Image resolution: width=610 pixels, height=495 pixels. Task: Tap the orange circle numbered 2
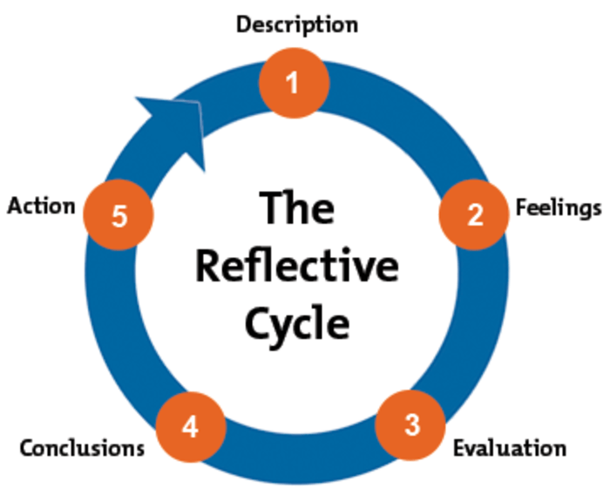click(473, 214)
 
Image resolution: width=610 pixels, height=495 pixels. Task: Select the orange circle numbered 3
click(411, 424)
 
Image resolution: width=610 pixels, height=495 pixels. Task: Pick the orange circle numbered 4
click(191, 426)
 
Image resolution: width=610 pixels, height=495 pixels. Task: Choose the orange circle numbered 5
click(119, 214)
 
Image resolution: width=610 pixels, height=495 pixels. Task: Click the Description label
click(296, 24)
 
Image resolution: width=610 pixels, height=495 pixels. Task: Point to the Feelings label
click(558, 208)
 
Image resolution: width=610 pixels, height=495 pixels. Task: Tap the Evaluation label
click(509, 448)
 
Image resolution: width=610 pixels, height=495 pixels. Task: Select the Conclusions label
click(82, 448)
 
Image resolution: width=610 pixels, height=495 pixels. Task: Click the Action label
click(40, 207)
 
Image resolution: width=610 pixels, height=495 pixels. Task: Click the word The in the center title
click(296, 209)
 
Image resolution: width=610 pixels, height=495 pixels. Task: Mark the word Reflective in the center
click(296, 266)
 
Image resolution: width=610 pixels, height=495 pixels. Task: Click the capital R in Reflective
click(208, 265)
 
